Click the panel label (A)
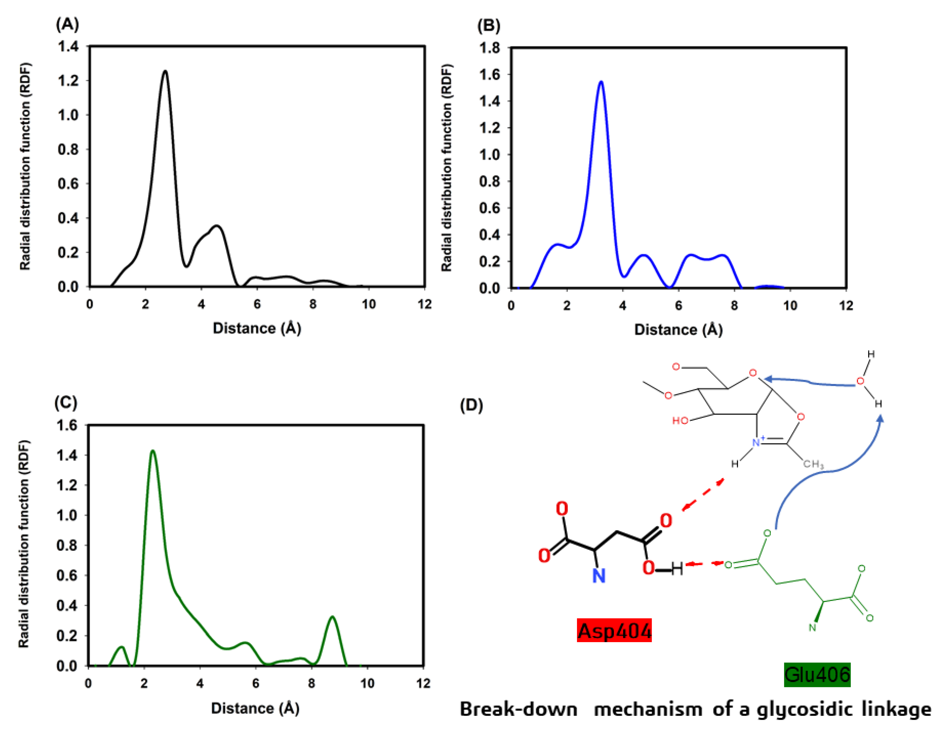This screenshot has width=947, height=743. pyautogui.click(x=67, y=24)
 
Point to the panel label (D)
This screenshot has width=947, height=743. pyautogui.click(x=471, y=405)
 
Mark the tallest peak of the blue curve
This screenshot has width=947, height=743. pyautogui.click(x=601, y=82)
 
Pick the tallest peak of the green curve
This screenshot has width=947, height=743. pyautogui.click(x=152, y=451)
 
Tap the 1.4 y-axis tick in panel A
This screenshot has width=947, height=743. pyautogui.click(x=68, y=46)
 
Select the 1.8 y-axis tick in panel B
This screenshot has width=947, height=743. pyautogui.click(x=490, y=48)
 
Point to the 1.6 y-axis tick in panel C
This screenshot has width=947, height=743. pyautogui.click(x=67, y=425)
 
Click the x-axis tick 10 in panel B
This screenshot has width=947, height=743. pyautogui.click(x=790, y=306)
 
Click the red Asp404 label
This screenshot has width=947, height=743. pyautogui.click(x=614, y=631)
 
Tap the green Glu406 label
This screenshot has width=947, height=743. pyautogui.click(x=817, y=675)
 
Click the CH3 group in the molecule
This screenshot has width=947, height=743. pyautogui.click(x=813, y=464)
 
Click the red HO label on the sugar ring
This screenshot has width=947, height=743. pyautogui.click(x=680, y=421)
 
